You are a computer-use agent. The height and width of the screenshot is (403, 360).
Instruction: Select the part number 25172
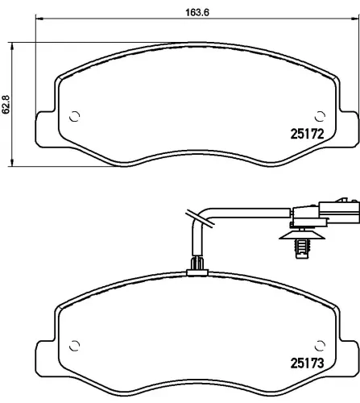coord(305,136)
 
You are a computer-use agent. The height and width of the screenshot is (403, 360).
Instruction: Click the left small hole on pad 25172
coord(75,115)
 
